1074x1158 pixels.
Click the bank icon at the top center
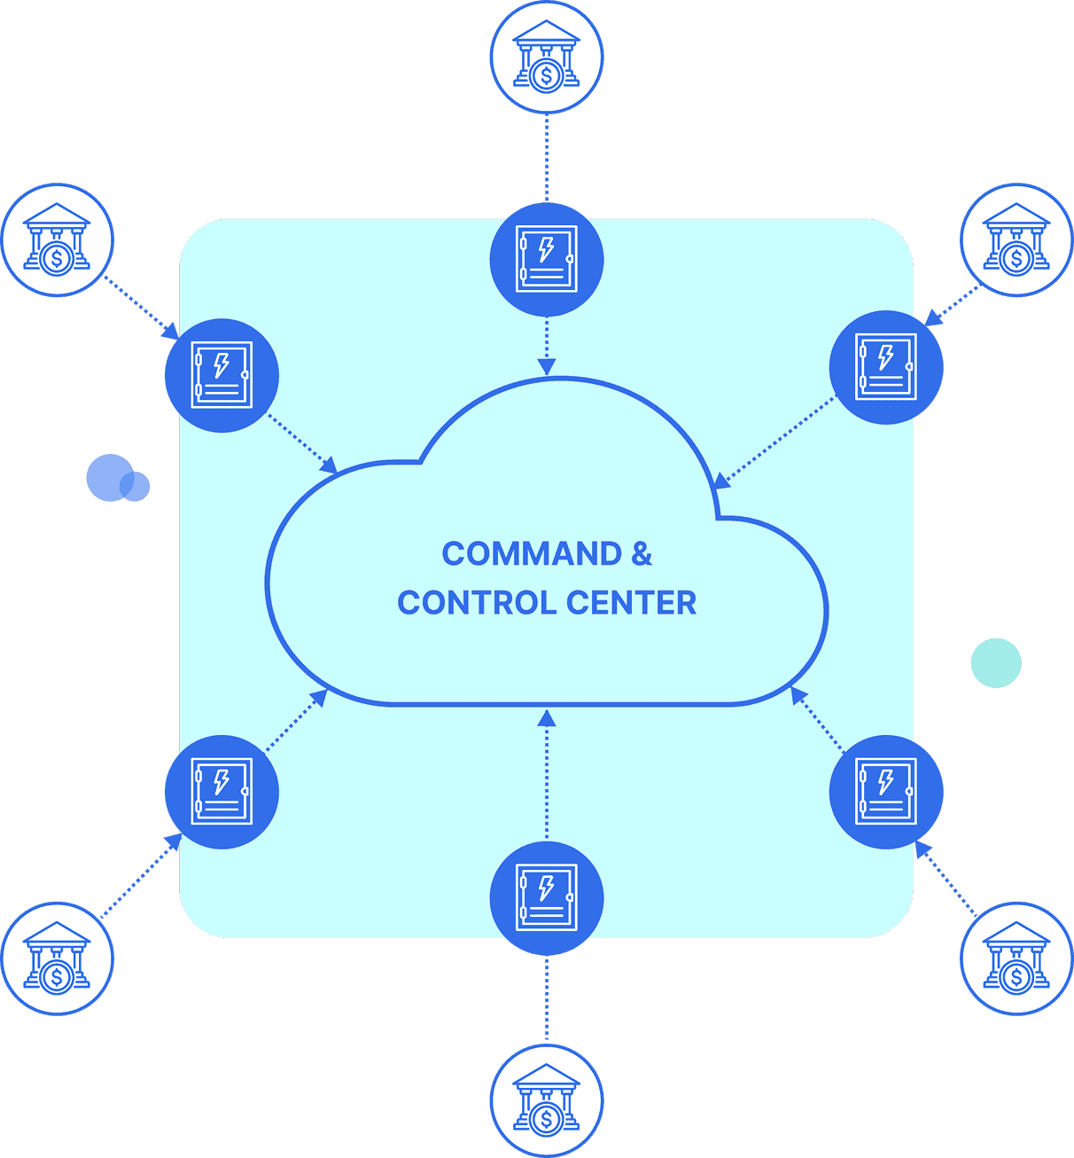click(547, 57)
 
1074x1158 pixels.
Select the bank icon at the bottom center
click(547, 1100)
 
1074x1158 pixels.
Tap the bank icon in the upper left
click(58, 240)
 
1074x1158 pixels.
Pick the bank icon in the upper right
click(1016, 240)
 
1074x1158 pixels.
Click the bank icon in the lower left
click(58, 958)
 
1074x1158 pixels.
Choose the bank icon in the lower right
click(1016, 958)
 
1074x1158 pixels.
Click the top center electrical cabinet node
click(547, 260)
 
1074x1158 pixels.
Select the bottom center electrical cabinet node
click(547, 897)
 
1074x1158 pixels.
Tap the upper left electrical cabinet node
click(222, 375)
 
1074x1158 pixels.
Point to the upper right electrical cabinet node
click(886, 367)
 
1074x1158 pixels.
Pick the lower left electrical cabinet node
click(222, 791)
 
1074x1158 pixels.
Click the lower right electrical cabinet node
click(886, 791)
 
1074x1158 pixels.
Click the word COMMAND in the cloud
click(532, 554)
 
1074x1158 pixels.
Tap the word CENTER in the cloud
click(632, 603)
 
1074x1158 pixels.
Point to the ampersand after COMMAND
click(642, 554)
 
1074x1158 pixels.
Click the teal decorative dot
click(996, 663)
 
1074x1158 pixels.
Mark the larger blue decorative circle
click(109, 477)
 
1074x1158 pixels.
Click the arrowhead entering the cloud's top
click(547, 366)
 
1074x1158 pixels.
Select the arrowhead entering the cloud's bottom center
click(547, 718)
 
